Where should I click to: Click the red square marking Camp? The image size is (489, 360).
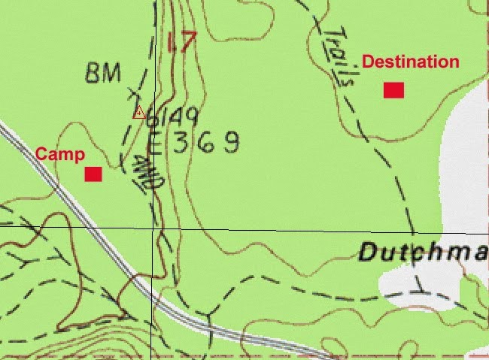coord(93,174)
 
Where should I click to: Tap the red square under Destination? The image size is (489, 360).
coord(393,90)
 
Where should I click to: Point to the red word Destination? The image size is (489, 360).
coord(410,62)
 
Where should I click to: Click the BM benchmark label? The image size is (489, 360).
coord(104,74)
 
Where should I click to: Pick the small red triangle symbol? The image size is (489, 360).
coord(138,113)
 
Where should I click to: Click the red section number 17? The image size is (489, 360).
coord(181,41)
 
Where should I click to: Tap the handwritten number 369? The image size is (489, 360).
coord(205,142)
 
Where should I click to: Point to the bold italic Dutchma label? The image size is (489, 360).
coord(423,253)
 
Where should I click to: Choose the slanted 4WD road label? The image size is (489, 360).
coord(145,174)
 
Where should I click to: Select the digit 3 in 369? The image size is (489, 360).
coord(181,143)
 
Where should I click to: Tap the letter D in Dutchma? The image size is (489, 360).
coord(369,252)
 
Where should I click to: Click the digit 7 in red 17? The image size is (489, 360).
coord(187,41)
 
